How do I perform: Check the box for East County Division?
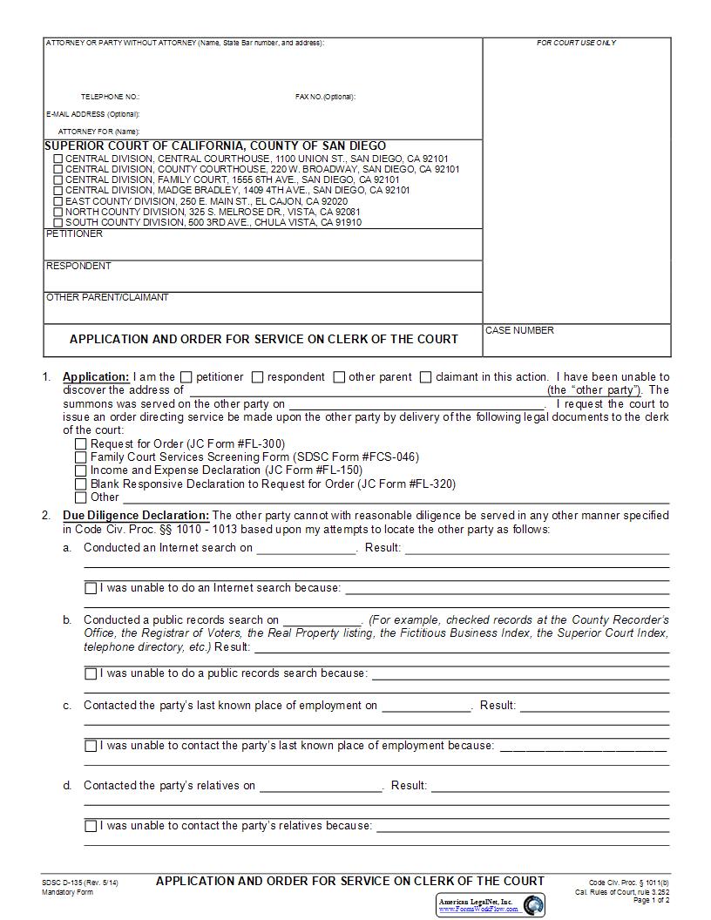(x=58, y=201)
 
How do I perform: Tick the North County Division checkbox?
(x=58, y=212)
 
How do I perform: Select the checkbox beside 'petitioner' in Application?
(x=186, y=377)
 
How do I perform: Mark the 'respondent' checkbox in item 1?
(x=257, y=377)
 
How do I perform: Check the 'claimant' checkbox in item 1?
(x=425, y=377)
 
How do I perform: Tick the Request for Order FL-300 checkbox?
(x=81, y=444)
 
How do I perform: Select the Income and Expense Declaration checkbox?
(x=81, y=470)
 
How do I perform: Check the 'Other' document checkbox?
(x=81, y=497)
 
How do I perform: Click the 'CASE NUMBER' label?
(x=519, y=330)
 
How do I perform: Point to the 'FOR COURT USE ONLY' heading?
(x=576, y=43)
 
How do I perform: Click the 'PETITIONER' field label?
(x=74, y=233)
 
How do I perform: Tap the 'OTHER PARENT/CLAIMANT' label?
(x=107, y=297)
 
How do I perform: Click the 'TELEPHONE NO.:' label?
(x=110, y=97)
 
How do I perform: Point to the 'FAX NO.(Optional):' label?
(x=325, y=97)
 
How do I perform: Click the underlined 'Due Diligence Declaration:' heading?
(x=136, y=515)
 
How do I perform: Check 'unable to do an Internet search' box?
(x=91, y=588)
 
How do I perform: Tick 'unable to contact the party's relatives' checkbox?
(x=91, y=826)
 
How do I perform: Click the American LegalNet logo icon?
(x=532, y=904)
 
